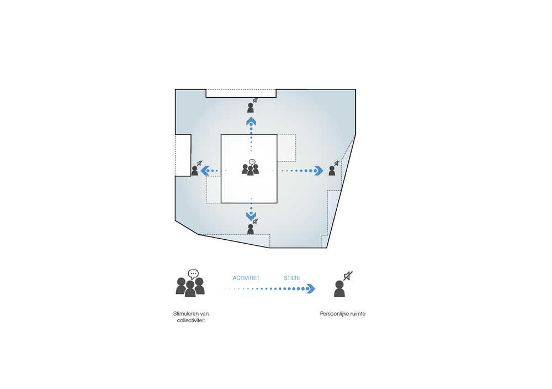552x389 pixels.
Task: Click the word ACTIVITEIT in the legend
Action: coord(246,278)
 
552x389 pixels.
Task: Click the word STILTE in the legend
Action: coord(292,278)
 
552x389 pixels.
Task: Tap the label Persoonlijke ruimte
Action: coord(343,314)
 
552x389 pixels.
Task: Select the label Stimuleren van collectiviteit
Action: coord(191,317)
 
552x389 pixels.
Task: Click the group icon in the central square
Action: coord(250,168)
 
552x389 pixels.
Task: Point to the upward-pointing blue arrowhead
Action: coord(251,122)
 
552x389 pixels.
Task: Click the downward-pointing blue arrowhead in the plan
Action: coord(251,215)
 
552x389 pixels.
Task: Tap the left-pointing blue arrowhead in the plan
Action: coord(205,171)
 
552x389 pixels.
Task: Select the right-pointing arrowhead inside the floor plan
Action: coord(319,171)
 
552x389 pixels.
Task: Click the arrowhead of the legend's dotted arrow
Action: coord(310,288)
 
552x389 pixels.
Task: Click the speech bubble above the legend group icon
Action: coord(193,274)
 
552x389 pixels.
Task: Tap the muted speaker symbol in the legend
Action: coord(348,276)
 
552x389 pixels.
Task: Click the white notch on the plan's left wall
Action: coord(183,155)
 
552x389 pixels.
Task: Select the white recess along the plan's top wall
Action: coord(241,93)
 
